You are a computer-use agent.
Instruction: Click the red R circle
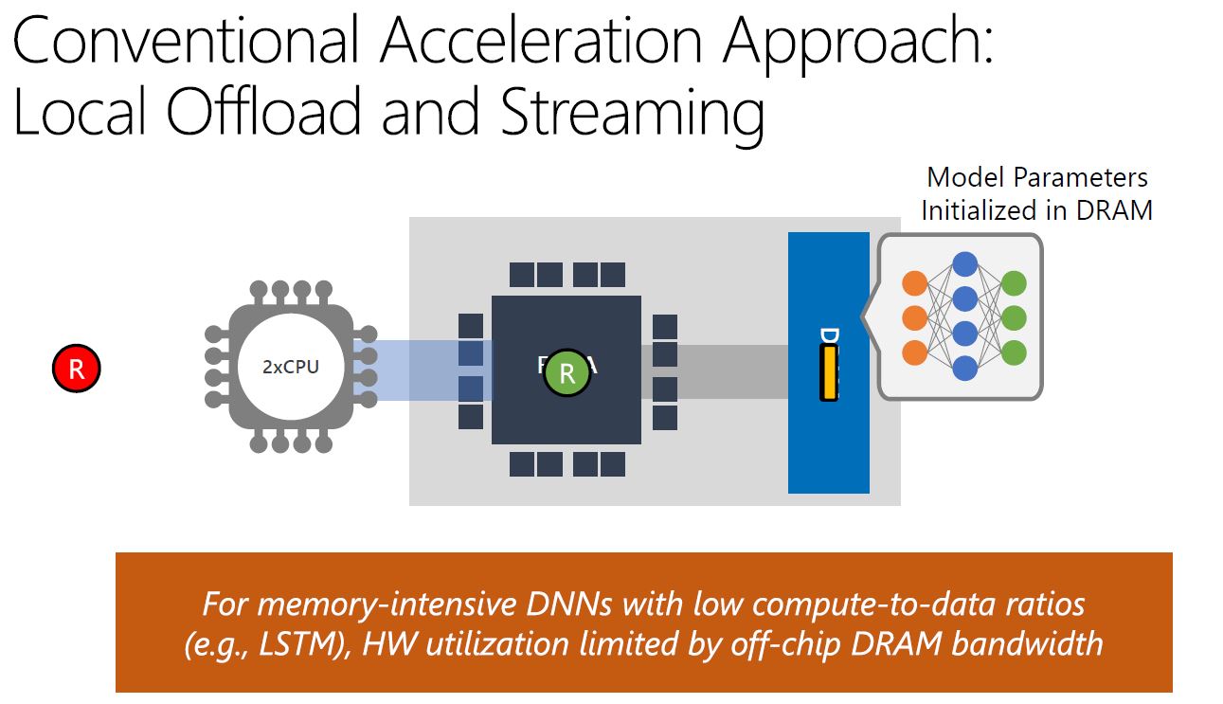pyautogui.click(x=76, y=369)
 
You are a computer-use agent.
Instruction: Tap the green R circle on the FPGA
pyautogui.click(x=567, y=372)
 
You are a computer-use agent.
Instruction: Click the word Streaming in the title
pyautogui.click(x=632, y=112)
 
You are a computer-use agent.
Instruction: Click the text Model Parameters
pyautogui.click(x=1037, y=177)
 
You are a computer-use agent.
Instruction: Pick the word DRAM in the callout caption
pyautogui.click(x=1114, y=210)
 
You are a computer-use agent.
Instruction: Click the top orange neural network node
pyautogui.click(x=914, y=282)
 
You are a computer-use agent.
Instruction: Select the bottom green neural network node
pyautogui.click(x=1014, y=352)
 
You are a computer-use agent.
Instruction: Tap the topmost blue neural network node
pyautogui.click(x=964, y=264)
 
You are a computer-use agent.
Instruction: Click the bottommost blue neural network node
pyautogui.click(x=964, y=368)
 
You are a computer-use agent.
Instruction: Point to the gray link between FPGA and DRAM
pyautogui.click(x=715, y=371)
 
